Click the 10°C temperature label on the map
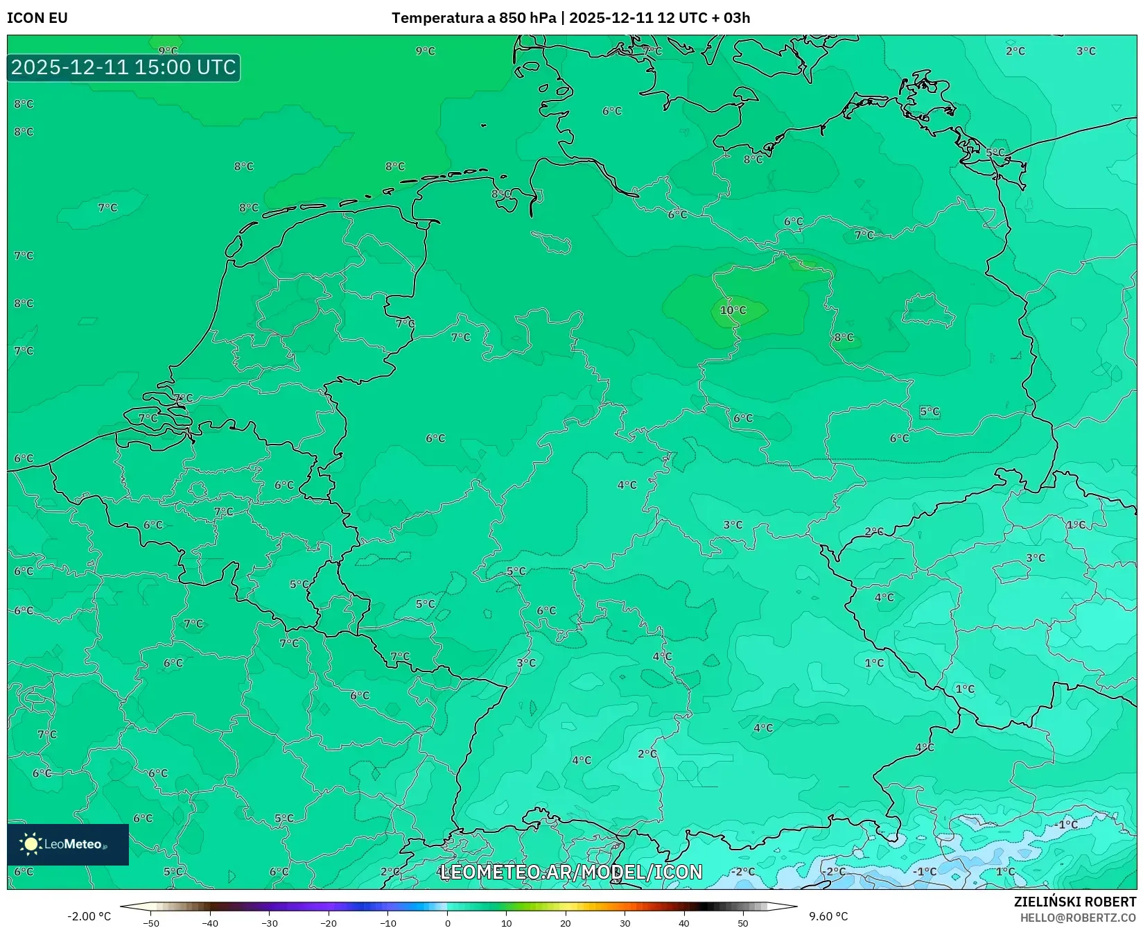733,310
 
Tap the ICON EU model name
37,18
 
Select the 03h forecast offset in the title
737,18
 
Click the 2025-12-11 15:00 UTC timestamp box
123,67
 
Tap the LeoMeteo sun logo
30,843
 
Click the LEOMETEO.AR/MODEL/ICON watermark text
571,872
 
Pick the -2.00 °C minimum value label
89,916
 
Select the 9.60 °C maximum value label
828,916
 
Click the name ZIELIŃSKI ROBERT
1075,902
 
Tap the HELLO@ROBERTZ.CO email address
1078,918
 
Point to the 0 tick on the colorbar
448,923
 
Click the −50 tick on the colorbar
151,923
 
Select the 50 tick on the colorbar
743,923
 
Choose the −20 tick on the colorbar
329,923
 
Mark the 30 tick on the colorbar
625,923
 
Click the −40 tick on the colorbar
210,923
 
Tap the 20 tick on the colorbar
566,923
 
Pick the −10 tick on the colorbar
388,923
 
